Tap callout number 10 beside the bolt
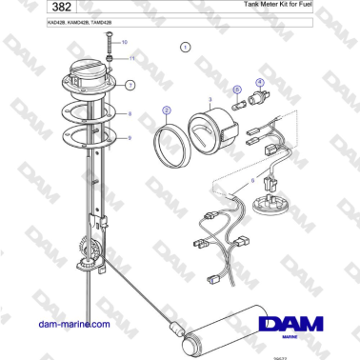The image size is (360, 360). [124, 43]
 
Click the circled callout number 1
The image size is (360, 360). [186, 45]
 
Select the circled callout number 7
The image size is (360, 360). [130, 85]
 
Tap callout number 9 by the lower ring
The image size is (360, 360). [130, 138]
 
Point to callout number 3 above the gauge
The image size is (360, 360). [209, 99]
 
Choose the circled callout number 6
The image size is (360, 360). [237, 89]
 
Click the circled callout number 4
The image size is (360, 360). [259, 83]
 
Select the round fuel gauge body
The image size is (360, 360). [213, 130]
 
